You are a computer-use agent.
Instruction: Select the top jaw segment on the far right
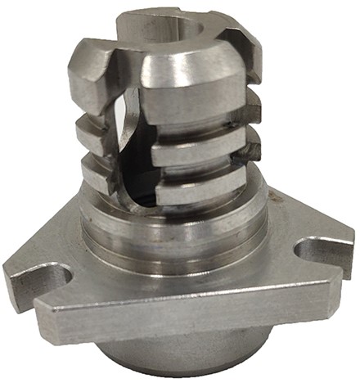(x=245, y=53)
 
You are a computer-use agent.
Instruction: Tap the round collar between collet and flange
(x=176, y=233)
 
